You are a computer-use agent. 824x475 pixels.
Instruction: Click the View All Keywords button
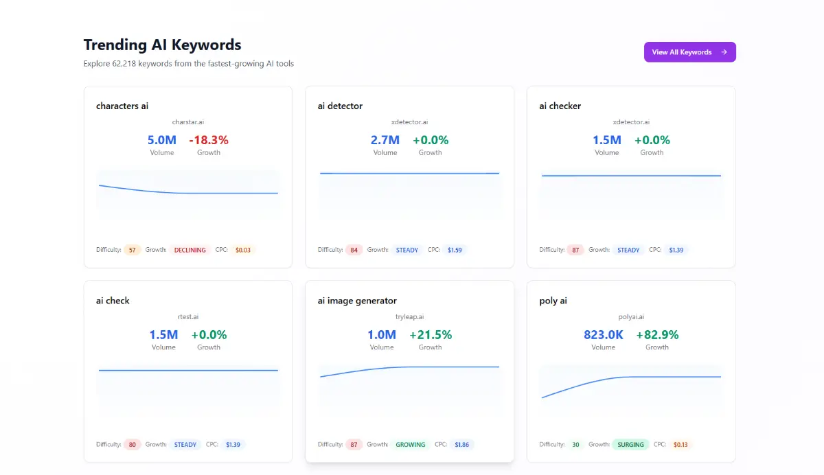pos(689,52)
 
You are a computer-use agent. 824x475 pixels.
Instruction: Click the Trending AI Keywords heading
pos(162,45)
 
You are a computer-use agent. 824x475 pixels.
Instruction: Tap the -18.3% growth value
pos(209,140)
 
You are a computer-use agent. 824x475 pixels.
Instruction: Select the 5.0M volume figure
pos(162,140)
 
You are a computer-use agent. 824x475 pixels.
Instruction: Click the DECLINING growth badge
pos(190,251)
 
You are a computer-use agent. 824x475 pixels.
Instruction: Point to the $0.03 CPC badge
pos(243,251)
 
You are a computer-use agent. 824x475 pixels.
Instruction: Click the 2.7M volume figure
pos(385,140)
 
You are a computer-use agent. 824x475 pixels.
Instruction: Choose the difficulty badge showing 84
pos(354,251)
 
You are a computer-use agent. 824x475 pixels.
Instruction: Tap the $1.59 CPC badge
pos(455,251)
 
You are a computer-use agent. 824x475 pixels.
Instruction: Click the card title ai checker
pos(560,106)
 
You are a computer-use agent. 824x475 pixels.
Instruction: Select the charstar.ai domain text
pos(188,122)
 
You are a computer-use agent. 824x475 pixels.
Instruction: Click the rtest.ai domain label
pos(188,317)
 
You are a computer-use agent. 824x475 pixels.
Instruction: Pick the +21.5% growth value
pos(431,335)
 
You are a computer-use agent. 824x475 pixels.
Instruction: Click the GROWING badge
pos(411,445)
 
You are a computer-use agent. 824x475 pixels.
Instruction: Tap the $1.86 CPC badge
pos(461,445)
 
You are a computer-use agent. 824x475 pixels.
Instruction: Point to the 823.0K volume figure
pos(604,335)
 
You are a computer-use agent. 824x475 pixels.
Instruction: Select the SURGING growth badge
pos(630,445)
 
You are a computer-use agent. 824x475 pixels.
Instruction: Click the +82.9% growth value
pos(657,335)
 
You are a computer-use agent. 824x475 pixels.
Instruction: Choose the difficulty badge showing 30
pos(575,445)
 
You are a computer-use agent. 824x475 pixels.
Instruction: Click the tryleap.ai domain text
pos(410,317)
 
